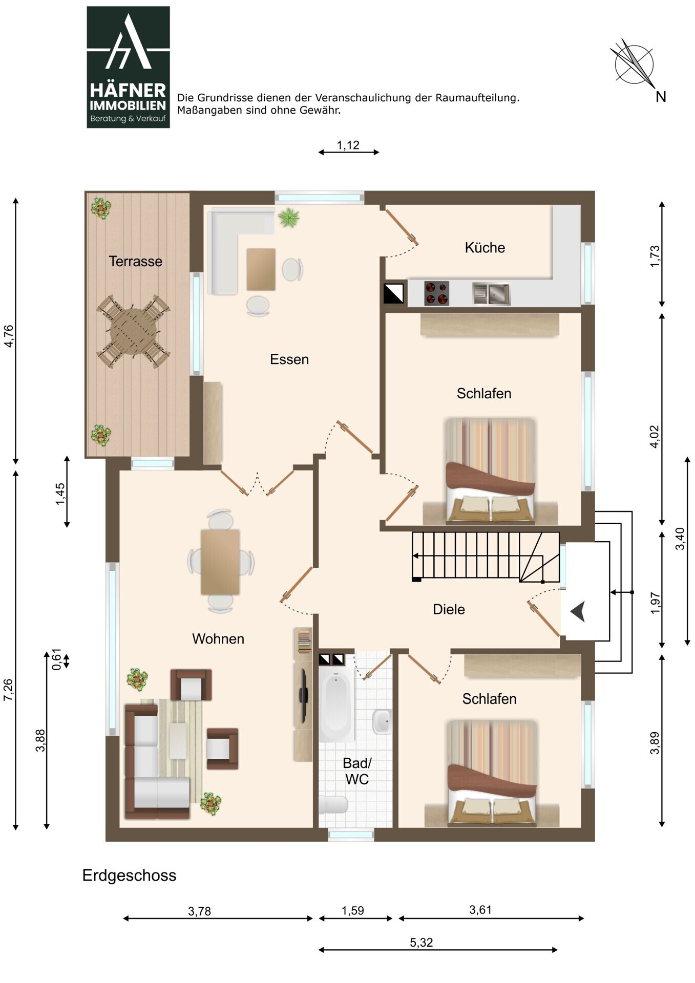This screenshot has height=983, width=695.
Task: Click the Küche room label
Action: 485,248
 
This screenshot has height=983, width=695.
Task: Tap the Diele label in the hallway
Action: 449,609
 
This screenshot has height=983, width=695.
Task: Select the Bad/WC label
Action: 357,771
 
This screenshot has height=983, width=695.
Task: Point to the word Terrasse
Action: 135,262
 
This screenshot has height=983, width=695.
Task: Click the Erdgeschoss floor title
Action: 129,875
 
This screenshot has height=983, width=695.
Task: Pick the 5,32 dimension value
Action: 422,943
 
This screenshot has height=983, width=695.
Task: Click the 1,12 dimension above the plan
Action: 348,145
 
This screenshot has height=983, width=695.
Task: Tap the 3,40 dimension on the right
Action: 680,539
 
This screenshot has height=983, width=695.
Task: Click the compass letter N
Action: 661,97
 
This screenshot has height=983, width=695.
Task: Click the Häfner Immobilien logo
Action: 128,67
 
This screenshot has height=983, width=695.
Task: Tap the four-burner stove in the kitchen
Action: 436,293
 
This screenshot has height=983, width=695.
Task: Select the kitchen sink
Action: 491,294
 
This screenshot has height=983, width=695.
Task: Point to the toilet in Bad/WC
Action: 333,805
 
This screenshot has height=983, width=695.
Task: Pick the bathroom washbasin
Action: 382,722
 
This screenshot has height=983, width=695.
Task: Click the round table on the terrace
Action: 133,331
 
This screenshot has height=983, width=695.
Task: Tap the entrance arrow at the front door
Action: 578,612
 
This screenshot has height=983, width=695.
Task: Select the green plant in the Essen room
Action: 288,218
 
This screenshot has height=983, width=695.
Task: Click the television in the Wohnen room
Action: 304,694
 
